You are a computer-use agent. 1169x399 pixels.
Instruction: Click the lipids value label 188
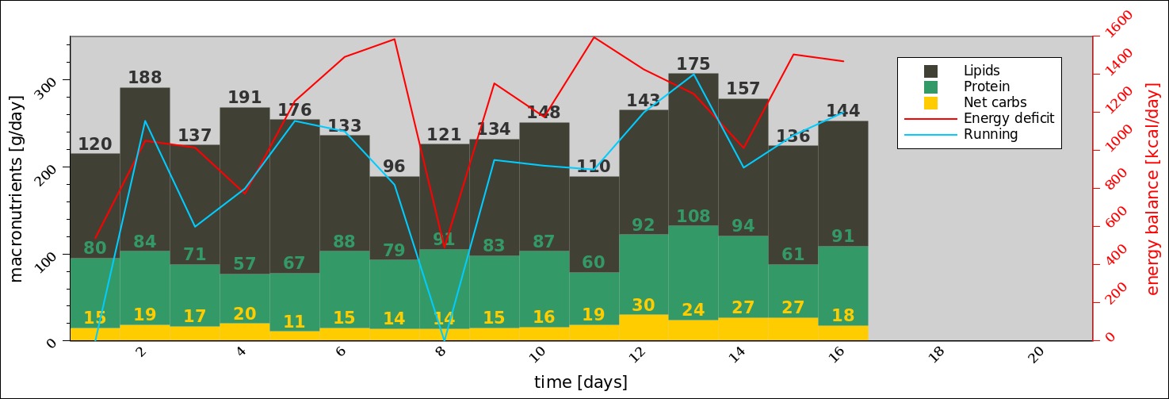(x=145, y=78)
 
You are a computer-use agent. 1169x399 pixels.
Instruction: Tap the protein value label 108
(x=693, y=217)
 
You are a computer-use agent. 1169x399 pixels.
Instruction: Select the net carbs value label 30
(x=644, y=305)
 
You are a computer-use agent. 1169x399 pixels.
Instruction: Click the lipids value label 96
(x=394, y=167)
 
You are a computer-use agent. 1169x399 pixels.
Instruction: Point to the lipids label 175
(x=693, y=64)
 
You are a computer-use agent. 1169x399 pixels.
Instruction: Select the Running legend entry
(x=990, y=134)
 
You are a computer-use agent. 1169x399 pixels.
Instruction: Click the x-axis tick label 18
(x=936, y=355)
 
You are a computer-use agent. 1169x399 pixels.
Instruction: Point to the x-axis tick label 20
(x=1036, y=355)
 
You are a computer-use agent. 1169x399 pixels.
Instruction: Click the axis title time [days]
(x=580, y=382)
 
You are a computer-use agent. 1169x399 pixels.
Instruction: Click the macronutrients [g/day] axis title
(x=17, y=188)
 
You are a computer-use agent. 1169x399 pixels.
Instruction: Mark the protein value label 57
(x=245, y=264)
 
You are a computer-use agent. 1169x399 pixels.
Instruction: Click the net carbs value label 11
(x=294, y=321)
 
